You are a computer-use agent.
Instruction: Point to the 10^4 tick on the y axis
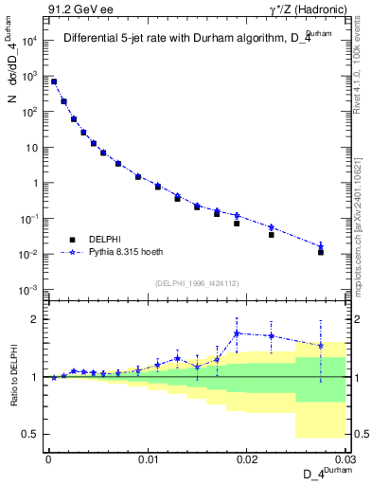(30, 41)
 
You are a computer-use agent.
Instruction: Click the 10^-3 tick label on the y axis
(30, 290)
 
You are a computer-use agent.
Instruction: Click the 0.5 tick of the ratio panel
(31, 434)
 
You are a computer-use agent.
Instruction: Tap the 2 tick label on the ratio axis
(35, 319)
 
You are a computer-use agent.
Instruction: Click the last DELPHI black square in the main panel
(321, 253)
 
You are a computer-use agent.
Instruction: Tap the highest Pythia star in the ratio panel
(237, 333)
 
